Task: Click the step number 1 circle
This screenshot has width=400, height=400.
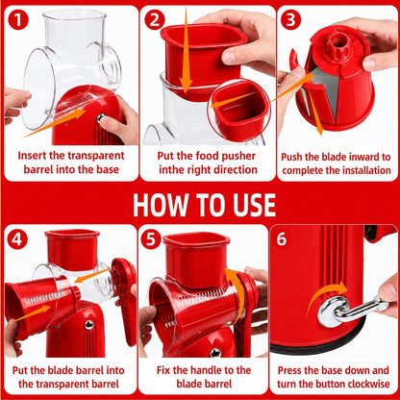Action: click(x=18, y=19)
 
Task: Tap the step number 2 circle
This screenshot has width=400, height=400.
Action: click(x=155, y=19)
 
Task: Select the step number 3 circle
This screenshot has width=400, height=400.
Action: click(x=290, y=19)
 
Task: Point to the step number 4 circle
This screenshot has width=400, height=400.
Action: click(x=17, y=239)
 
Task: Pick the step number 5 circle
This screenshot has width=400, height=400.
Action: click(x=151, y=239)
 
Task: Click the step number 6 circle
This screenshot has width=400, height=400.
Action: click(x=282, y=239)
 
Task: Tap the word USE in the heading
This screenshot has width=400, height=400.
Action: click(x=254, y=205)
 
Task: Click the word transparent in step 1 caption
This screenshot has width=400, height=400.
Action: click(x=96, y=156)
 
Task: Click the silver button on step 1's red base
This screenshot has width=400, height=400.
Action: click(x=101, y=117)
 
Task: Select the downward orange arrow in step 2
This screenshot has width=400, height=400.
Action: click(x=186, y=50)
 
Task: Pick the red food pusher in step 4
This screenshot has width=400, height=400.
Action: click(x=72, y=249)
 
